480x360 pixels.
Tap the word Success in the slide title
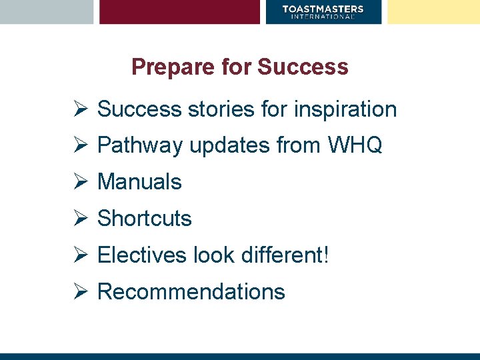(x=303, y=67)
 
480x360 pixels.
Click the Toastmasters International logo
(x=323, y=11)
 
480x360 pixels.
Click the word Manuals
(x=139, y=181)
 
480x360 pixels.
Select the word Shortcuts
(x=145, y=218)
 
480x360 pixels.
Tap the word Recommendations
(x=191, y=291)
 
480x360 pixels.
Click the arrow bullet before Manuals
(x=81, y=181)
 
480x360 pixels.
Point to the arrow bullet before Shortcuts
(x=81, y=218)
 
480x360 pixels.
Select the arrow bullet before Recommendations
(x=81, y=291)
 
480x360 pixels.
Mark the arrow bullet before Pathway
(x=81, y=145)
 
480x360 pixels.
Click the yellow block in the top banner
(x=433, y=11)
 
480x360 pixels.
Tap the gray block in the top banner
(x=47, y=11)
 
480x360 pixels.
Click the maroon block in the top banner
(x=179, y=11)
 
